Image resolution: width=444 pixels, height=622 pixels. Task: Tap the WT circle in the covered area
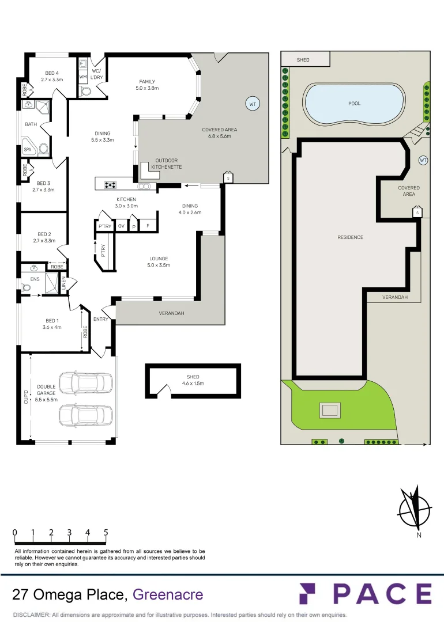point(252,104)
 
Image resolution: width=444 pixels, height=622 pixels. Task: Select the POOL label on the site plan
point(354,104)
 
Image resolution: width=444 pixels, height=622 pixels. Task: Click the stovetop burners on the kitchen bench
point(109,185)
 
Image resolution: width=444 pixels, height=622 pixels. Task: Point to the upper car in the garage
point(86,382)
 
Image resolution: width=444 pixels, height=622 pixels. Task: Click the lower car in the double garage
point(86,414)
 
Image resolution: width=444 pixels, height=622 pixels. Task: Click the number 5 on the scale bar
point(106,533)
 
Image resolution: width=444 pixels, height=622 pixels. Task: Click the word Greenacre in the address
point(168,594)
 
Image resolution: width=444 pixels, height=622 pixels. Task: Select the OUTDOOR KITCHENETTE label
point(166,164)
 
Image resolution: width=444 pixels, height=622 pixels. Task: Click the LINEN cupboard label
point(64,282)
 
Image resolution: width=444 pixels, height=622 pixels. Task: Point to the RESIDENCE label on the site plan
point(350,237)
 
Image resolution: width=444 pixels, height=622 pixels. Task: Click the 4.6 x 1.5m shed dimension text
point(193,384)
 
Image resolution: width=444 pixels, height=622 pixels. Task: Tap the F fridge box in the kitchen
point(148,226)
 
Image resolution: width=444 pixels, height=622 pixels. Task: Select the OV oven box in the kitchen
point(121,226)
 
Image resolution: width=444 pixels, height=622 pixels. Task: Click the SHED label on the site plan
point(303,60)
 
